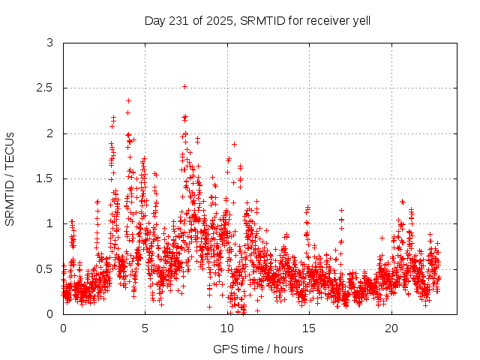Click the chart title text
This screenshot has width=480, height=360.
[257, 20]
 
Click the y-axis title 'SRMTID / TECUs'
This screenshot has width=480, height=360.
[10, 178]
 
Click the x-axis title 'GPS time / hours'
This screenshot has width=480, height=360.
[257, 349]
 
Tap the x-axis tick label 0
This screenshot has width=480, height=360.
[63, 328]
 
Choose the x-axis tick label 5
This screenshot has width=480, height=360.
[145, 328]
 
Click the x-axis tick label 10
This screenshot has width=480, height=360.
[227, 328]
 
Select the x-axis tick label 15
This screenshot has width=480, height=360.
[309, 328]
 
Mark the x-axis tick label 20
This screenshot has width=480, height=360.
[391, 328]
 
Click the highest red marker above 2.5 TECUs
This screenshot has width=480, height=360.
[184, 86]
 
